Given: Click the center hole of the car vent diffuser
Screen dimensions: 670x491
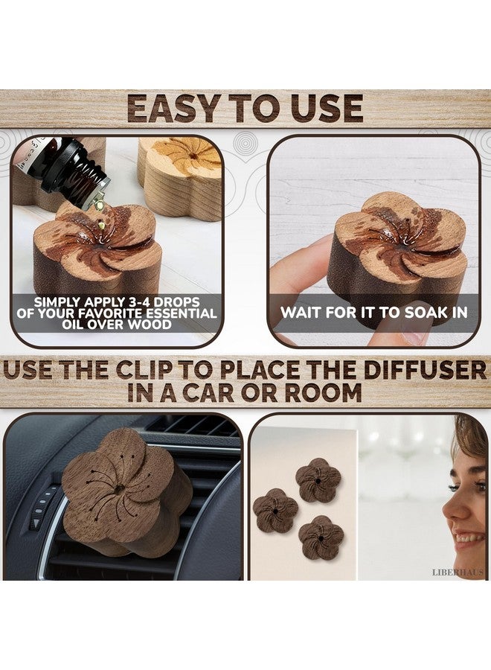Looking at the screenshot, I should click(119, 489).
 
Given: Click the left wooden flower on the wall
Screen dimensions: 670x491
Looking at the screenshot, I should click(275, 511).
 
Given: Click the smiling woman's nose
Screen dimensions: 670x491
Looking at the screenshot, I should click(449, 512).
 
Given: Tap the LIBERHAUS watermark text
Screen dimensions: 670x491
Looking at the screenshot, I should click(458, 572).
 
